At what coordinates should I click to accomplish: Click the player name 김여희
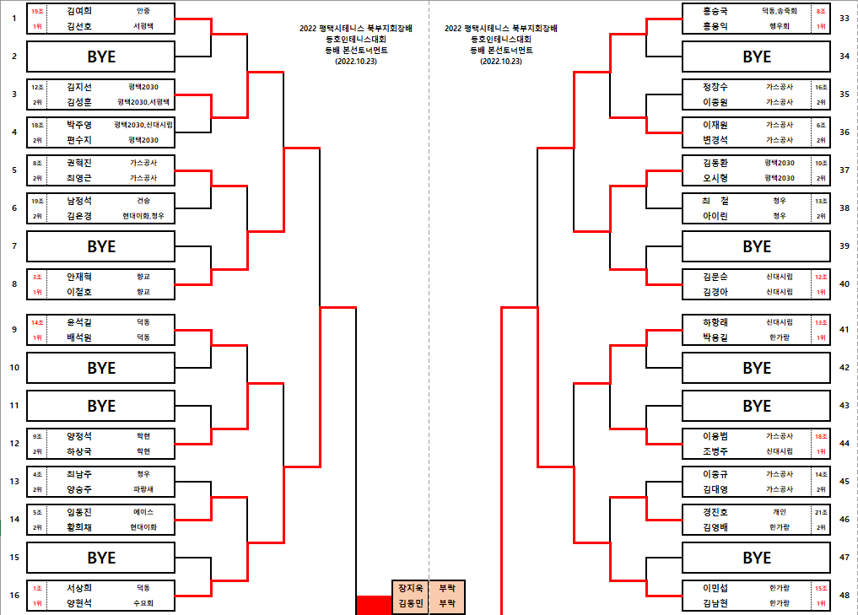pyautogui.click(x=79, y=11)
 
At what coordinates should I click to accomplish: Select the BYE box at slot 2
pyautogui.click(x=101, y=57)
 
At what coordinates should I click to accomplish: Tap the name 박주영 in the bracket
pyautogui.click(x=79, y=125)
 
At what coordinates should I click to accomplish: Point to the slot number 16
pyautogui.click(x=14, y=596)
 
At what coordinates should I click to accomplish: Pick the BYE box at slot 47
pyautogui.click(x=756, y=558)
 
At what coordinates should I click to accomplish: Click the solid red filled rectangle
pyautogui.click(x=374, y=605)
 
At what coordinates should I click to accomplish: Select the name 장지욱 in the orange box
pyautogui.click(x=410, y=588)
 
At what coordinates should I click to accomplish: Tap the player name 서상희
pyautogui.click(x=79, y=588)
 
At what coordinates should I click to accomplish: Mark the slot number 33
pyautogui.click(x=845, y=18)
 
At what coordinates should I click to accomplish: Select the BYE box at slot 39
pyautogui.click(x=756, y=246)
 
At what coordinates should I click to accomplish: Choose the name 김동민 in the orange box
pyautogui.click(x=410, y=603)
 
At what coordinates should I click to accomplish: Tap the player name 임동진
pyautogui.click(x=79, y=512)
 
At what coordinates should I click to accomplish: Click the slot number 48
pyautogui.click(x=845, y=596)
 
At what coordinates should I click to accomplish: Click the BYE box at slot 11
pyautogui.click(x=101, y=406)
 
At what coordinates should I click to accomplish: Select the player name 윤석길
pyautogui.click(x=79, y=322)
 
